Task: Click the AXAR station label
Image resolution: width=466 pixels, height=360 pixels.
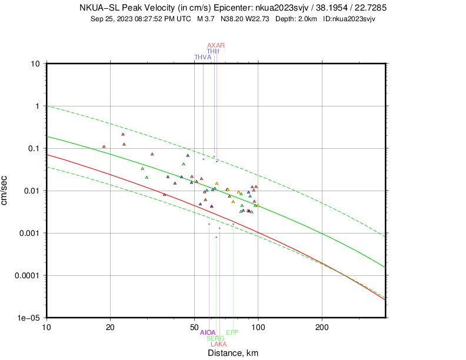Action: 216,45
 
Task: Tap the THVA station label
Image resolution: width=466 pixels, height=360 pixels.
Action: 202,57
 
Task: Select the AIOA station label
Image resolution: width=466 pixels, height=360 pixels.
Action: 208,332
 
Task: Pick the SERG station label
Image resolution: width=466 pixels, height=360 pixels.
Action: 215,338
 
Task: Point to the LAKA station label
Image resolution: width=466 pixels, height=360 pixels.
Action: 218,344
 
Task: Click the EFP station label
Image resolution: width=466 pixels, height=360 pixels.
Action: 232,332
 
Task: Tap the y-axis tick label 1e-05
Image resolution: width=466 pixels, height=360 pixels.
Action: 28,318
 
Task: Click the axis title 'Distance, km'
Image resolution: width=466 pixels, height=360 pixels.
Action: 233,353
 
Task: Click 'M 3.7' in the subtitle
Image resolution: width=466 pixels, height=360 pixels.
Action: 207,19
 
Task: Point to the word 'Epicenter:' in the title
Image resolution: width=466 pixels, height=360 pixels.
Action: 232,8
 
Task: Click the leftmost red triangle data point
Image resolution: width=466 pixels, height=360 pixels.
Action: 104,146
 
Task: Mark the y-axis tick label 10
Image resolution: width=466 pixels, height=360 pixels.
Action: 35,64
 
